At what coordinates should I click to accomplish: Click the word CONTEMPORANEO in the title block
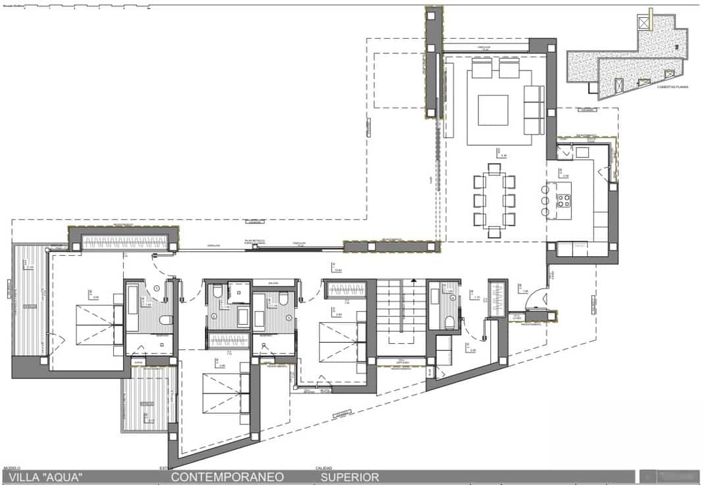[x=227, y=476]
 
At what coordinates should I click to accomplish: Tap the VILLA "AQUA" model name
[x=45, y=476]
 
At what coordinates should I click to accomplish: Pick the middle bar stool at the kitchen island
[x=544, y=201]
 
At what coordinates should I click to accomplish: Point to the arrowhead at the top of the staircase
[x=413, y=281]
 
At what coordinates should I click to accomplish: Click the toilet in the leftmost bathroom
[x=165, y=320]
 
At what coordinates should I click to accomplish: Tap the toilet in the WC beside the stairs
[x=450, y=322]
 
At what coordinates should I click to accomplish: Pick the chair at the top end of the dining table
[x=494, y=169]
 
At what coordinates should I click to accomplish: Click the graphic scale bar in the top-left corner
[x=86, y=7]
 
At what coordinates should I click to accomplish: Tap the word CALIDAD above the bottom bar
[x=323, y=469]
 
